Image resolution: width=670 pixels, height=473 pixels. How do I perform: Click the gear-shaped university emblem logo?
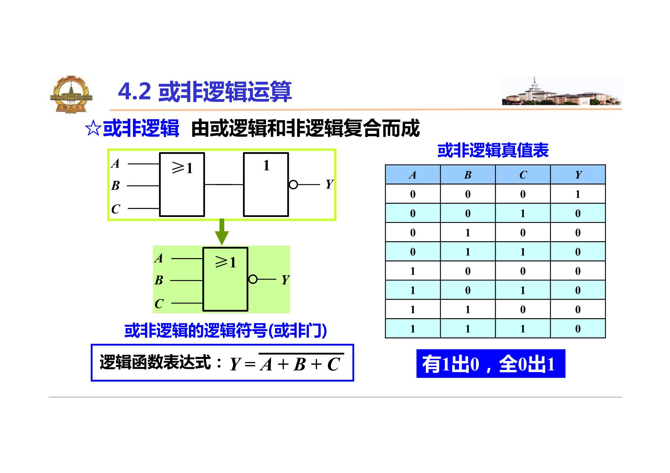[71, 94]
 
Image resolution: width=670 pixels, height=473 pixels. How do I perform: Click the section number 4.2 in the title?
[134, 92]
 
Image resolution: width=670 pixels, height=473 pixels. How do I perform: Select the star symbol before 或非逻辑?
[93, 128]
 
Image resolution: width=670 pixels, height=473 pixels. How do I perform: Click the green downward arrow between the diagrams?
[222, 232]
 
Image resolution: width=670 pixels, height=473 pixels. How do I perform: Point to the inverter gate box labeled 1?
[266, 185]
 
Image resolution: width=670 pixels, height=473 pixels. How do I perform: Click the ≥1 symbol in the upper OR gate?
[182, 168]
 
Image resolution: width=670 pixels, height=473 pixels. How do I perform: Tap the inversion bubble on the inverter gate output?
[293, 185]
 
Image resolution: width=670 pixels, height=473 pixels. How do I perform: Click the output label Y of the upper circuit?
[329, 185]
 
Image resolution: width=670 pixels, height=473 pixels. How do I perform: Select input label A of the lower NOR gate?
[159, 258]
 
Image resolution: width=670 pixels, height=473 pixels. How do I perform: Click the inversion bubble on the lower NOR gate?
[253, 279]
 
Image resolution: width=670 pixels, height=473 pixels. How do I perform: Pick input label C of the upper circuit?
[115, 209]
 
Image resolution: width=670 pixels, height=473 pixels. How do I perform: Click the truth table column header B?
[467, 175]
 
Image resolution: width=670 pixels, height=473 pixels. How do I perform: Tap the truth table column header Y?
[578, 175]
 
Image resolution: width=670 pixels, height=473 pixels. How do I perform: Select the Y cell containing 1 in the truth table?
[578, 194]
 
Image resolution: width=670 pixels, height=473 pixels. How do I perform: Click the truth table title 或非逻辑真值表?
[493, 151]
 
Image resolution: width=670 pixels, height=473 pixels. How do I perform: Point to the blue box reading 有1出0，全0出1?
[491, 363]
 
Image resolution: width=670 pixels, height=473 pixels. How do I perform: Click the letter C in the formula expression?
[334, 365]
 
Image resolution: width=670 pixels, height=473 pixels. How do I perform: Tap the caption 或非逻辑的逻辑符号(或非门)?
[225, 330]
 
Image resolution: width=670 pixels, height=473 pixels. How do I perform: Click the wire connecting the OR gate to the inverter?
[224, 185]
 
